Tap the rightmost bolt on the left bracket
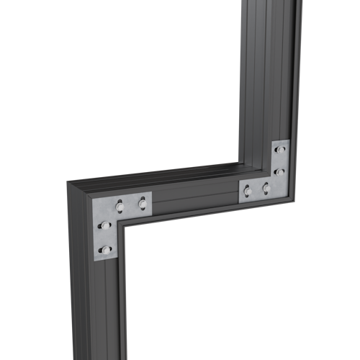tap(142, 205)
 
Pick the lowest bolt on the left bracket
tap(106, 249)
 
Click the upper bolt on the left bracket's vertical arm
tap(105, 226)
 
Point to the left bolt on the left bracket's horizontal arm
tap(120, 208)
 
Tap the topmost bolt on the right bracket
tap(281, 150)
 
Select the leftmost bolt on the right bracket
tap(248, 191)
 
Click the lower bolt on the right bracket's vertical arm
tap(279, 171)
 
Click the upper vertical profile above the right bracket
tap(268, 72)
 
